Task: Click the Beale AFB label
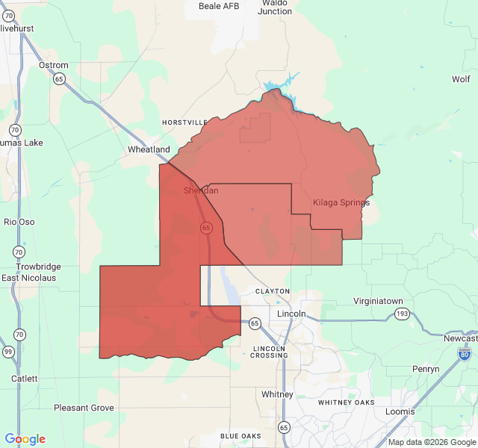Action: click(x=220, y=6)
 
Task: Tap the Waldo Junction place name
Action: click(x=276, y=7)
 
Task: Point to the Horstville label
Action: click(x=185, y=122)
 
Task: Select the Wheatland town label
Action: click(x=149, y=149)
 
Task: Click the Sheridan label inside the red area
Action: click(x=201, y=190)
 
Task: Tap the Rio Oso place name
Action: click(x=19, y=222)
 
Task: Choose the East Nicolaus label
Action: click(x=28, y=278)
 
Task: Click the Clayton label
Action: click(x=272, y=291)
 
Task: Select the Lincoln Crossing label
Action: click(x=270, y=352)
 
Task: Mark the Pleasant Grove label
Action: click(x=84, y=408)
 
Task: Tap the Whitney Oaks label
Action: click(x=346, y=402)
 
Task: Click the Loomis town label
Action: click(x=400, y=411)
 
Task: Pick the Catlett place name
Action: click(x=25, y=379)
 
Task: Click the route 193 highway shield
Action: click(x=403, y=314)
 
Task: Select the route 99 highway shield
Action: click(x=7, y=352)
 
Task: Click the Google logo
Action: click(x=25, y=439)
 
